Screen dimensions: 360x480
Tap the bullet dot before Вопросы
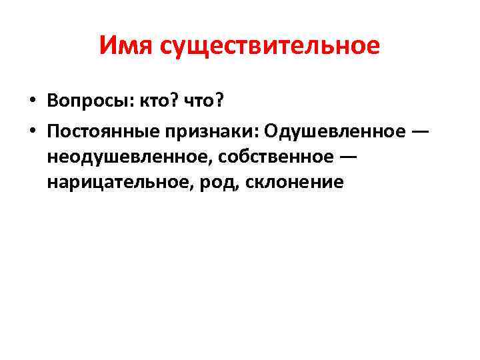(x=31, y=101)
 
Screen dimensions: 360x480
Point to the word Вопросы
(x=88, y=101)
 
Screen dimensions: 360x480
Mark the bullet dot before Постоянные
(x=31, y=130)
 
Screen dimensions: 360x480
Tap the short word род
(x=214, y=182)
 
